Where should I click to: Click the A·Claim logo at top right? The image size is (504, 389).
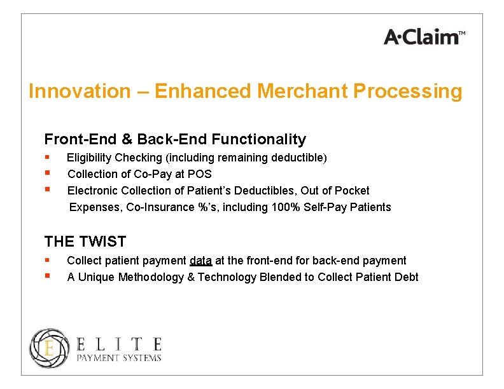tap(424, 37)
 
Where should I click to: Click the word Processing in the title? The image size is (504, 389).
tap(407, 92)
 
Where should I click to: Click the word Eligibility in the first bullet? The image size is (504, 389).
tap(88, 158)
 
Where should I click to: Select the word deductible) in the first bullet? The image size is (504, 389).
tap(302, 158)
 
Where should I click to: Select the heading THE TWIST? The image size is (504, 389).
tap(85, 242)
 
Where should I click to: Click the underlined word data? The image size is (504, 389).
tap(200, 261)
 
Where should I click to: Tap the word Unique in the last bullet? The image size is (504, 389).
tap(94, 277)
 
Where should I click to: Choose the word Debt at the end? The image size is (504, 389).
tap(406, 277)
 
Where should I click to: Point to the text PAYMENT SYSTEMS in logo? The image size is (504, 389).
tap(119, 358)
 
